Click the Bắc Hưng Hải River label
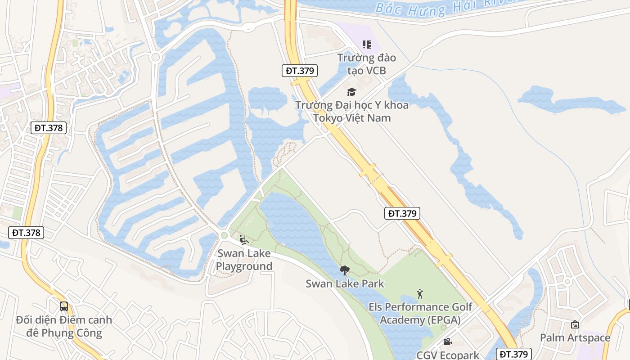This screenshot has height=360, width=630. [445, 7]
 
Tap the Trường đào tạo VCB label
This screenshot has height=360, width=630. [367, 64]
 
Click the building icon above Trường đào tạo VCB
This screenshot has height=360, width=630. [367, 44]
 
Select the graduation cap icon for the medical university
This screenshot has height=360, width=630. [351, 92]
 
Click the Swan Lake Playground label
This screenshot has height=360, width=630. [244, 260]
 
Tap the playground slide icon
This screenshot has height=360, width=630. [243, 240]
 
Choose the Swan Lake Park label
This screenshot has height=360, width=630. [345, 283]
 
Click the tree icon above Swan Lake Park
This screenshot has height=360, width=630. [345, 270]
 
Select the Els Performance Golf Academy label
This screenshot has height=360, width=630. [420, 314]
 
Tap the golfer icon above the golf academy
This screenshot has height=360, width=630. [420, 294]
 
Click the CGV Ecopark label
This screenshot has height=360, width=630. [448, 355]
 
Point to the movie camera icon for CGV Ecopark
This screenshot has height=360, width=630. [447, 342]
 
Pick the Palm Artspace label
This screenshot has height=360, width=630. [575, 337]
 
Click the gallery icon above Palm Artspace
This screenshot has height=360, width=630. [575, 324]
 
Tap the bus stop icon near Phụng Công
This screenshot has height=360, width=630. [64, 306]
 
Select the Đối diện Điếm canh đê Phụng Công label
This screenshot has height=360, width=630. [64, 327]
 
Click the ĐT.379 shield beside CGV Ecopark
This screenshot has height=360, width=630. [514, 354]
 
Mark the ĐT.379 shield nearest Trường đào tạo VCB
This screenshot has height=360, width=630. [300, 70]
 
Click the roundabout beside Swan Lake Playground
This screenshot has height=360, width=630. [224, 235]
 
